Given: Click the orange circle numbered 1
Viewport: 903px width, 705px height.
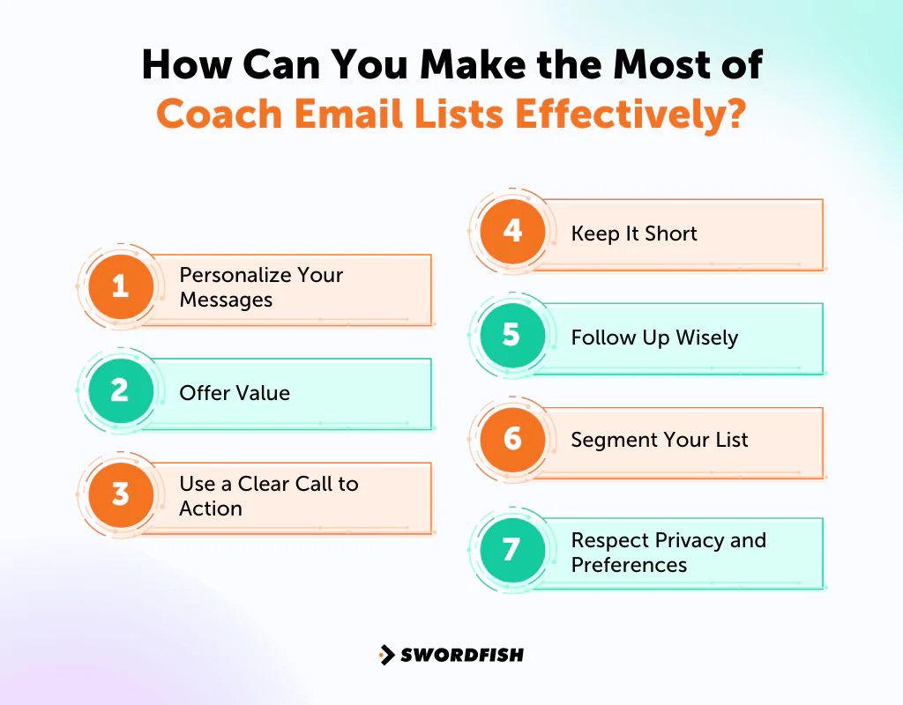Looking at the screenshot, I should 121,286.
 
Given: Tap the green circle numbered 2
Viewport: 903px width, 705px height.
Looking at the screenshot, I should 121,390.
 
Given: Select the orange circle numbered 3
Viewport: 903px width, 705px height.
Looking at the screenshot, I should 121,494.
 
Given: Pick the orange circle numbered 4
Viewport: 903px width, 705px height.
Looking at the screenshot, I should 512,231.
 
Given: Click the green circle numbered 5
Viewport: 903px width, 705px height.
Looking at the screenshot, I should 512,335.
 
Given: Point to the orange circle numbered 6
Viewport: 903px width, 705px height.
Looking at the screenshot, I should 512,439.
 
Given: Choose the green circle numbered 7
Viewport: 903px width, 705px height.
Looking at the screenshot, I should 512,550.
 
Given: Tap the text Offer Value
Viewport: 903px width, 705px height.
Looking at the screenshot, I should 235,393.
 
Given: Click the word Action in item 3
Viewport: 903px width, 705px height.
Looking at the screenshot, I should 210,508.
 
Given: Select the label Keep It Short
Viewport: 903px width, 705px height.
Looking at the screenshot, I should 634,234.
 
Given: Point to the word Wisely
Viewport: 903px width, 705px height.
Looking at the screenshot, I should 706,338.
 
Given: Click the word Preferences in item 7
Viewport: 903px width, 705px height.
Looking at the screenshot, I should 628,565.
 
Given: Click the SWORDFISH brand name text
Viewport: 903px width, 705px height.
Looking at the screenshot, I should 462,655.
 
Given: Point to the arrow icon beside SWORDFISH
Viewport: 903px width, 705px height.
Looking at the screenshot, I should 386,655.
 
